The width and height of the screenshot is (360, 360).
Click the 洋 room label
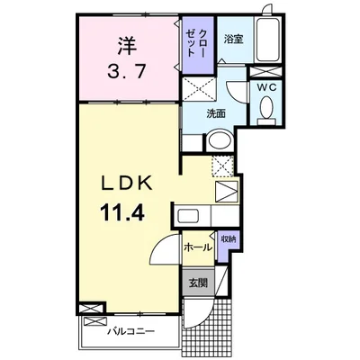click(127, 45)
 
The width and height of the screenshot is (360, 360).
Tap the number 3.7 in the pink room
click(127, 72)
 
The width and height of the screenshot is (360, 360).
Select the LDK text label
click(126, 183)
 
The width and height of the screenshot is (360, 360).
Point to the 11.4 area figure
click(123, 211)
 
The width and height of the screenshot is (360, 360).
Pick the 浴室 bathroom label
click(233, 40)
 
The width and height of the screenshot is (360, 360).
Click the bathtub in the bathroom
click(268, 40)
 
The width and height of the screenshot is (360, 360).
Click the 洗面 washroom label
click(216, 113)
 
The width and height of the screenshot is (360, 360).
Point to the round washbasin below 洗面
click(220, 140)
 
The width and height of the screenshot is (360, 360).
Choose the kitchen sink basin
click(187, 216)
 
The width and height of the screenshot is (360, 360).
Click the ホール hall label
click(198, 247)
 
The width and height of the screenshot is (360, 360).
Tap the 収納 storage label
click(229, 239)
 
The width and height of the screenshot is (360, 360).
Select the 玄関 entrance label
click(198, 283)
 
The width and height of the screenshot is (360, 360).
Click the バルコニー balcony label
click(131, 331)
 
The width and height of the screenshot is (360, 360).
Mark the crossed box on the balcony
click(95, 322)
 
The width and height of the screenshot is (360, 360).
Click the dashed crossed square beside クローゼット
click(199, 89)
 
